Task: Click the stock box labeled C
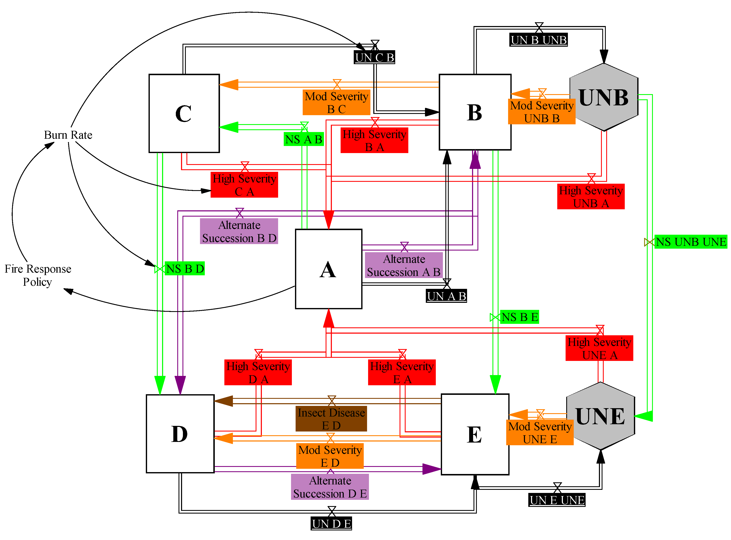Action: click(x=184, y=113)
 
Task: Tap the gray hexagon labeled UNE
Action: click(x=600, y=416)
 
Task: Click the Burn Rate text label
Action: click(x=68, y=135)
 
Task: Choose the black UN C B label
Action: click(x=374, y=57)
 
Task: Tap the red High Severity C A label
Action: click(x=244, y=185)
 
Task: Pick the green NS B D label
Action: click(x=185, y=268)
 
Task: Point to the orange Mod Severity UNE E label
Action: click(x=540, y=433)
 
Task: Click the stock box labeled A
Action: click(x=328, y=269)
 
